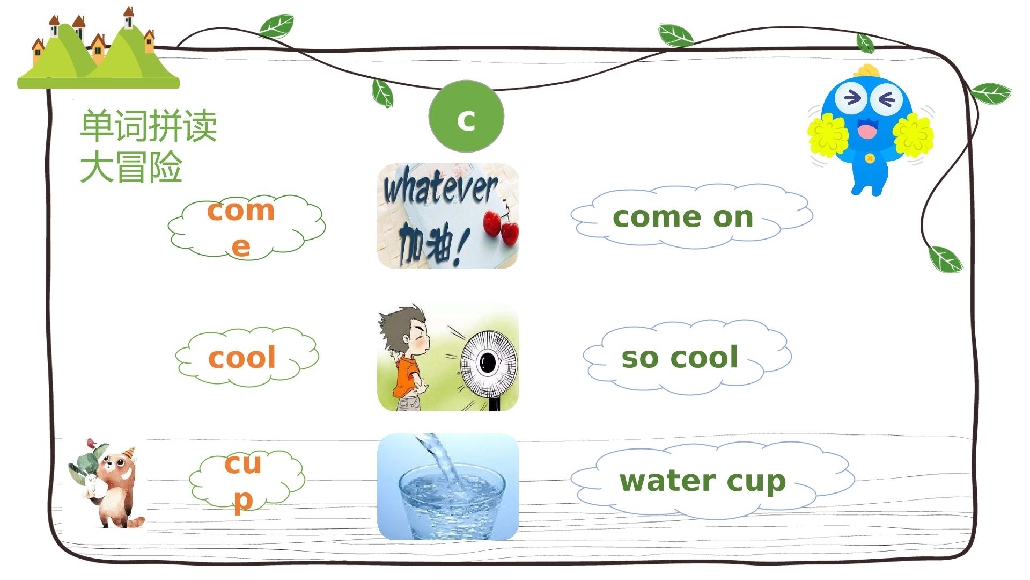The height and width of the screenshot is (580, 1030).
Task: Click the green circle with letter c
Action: coord(466,117)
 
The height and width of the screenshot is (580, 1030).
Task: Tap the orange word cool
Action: coord(242,358)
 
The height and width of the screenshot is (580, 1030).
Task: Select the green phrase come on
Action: coord(683,216)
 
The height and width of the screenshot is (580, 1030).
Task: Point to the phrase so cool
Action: coord(680,357)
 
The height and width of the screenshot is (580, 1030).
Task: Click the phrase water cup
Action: coord(703,481)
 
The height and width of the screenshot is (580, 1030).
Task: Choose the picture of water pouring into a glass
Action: coord(448,487)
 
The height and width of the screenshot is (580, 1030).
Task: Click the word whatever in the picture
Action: coord(441,189)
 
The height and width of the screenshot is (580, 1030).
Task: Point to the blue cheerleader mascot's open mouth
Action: coord(867,130)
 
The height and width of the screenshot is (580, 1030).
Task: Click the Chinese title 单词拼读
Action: coord(149,126)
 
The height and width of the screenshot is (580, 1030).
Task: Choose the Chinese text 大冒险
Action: coord(131,166)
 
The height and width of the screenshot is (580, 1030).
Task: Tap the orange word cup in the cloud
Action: coord(243,481)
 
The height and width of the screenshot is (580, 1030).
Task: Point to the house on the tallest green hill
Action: coord(129,18)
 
